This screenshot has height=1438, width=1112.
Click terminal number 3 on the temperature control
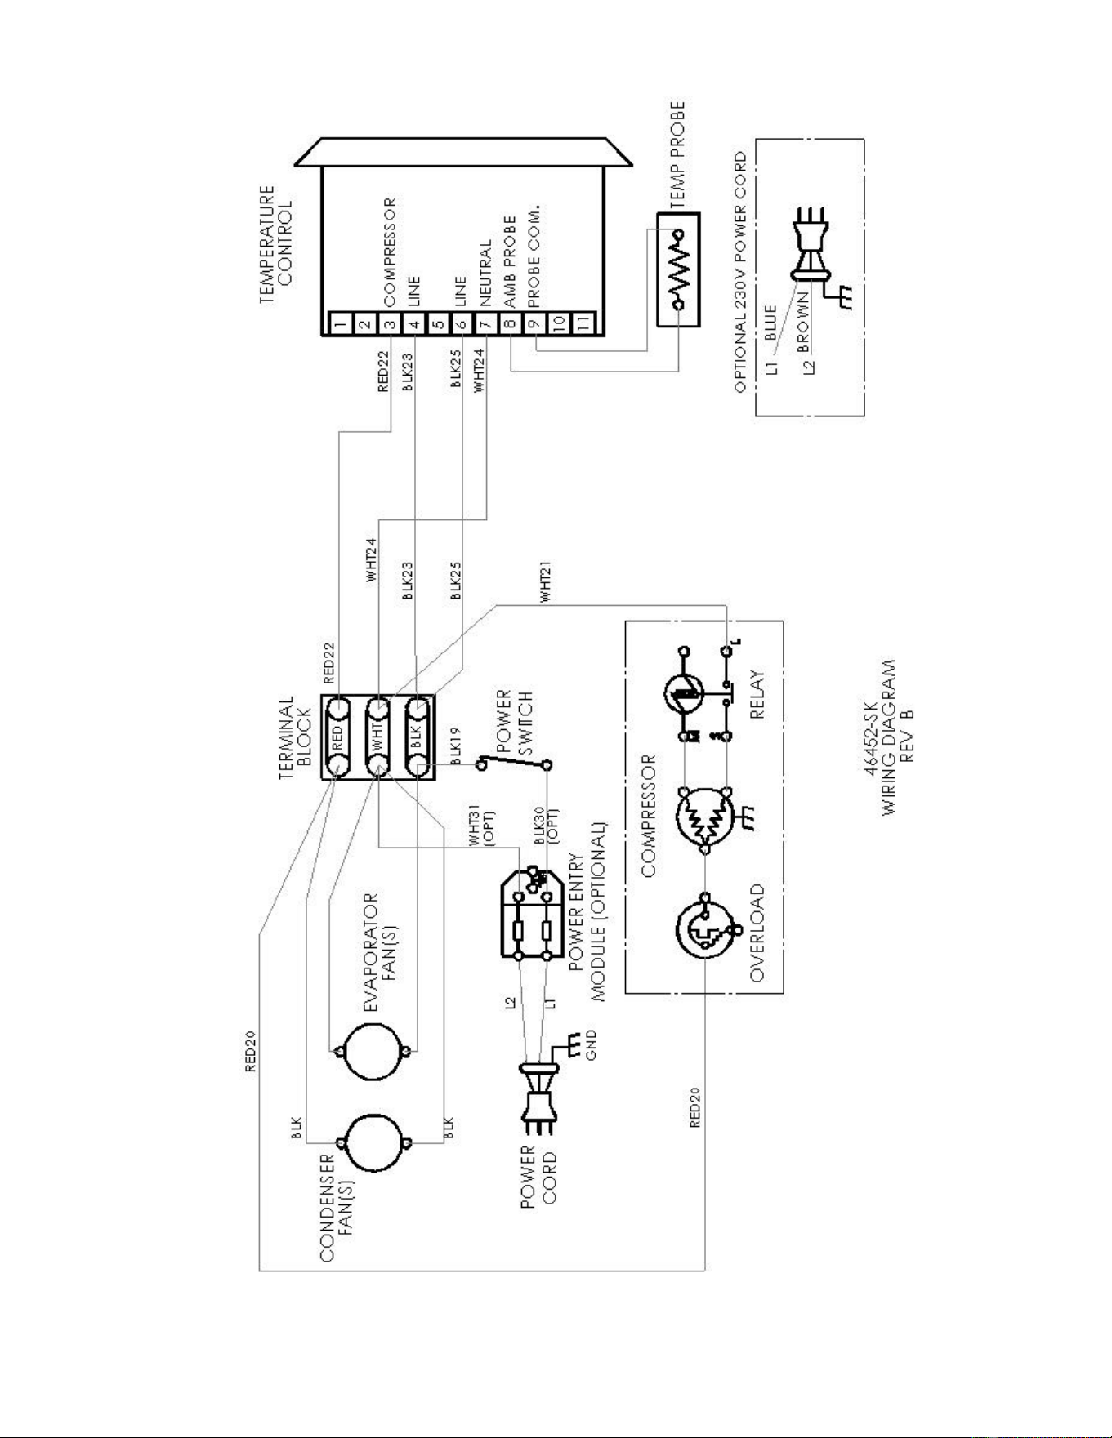pos(391,323)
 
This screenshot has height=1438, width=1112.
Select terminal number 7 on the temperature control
pos(486,323)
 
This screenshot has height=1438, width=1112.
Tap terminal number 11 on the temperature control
pos(583,323)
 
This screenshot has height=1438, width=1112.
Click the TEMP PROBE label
pos(677,156)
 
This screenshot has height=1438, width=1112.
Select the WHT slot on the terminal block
pos(377,737)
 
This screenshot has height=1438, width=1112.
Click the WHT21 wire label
pos(546,582)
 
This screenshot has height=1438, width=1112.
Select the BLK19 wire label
pos(456,744)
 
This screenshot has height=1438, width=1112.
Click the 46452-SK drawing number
pos(871,739)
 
